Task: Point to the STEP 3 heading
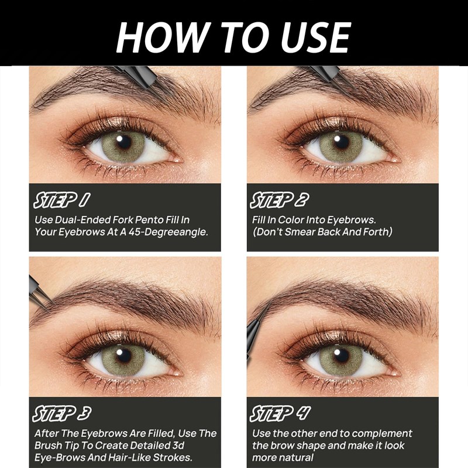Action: point(61,414)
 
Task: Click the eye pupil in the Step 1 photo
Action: point(123,140)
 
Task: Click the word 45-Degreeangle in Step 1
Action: point(173,231)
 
